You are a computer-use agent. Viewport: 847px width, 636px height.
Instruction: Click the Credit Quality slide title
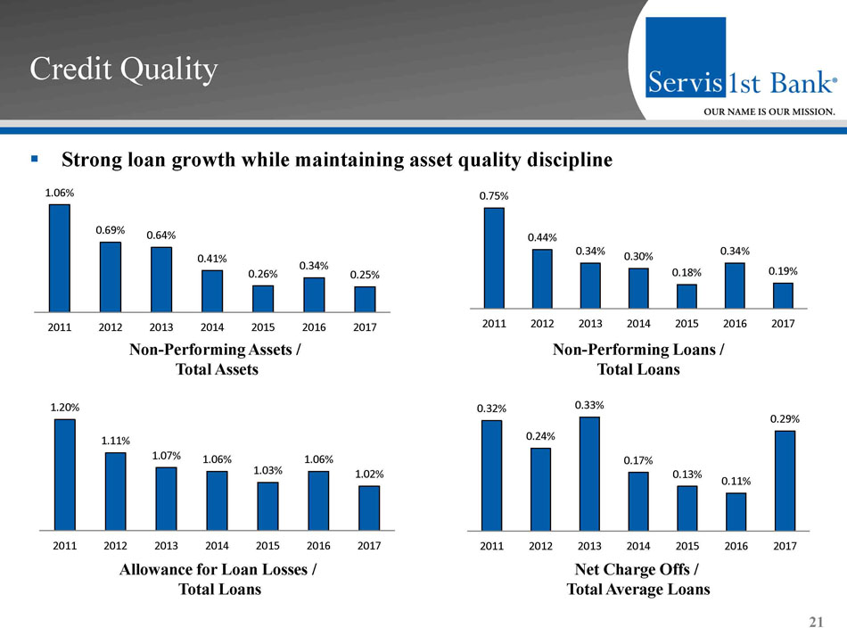tap(124, 70)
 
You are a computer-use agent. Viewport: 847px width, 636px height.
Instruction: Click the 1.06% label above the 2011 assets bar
tap(60, 192)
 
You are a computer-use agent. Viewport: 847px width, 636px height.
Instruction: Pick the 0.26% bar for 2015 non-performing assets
tap(263, 299)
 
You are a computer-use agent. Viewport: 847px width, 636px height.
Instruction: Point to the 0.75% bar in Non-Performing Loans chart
tap(494, 258)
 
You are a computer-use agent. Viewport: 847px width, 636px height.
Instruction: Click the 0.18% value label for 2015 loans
tap(687, 272)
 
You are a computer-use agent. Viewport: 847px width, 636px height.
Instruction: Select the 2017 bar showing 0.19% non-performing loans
tap(783, 295)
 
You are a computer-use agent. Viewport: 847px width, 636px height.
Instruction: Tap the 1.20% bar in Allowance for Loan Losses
tap(65, 475)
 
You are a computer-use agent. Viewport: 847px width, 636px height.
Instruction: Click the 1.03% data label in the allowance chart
tap(268, 469)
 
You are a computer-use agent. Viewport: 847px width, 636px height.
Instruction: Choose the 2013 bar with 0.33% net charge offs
tap(589, 473)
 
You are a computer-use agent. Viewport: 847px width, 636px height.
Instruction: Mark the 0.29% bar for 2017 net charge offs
tap(785, 480)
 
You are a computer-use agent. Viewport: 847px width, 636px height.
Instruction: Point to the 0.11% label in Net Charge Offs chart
tap(736, 481)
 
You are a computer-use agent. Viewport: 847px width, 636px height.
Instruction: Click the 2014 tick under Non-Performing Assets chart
tap(212, 327)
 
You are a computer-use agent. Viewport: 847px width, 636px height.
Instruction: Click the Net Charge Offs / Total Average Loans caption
tap(638, 580)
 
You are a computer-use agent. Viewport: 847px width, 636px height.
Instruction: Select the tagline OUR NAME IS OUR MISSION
tap(770, 112)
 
